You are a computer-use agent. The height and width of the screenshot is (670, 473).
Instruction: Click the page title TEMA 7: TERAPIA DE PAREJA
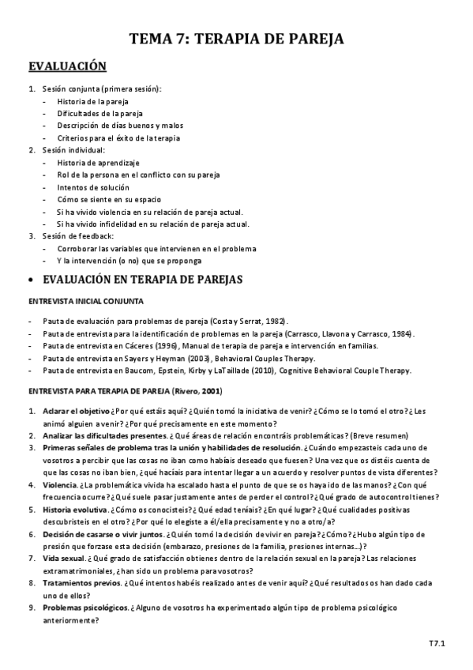[x=236, y=40]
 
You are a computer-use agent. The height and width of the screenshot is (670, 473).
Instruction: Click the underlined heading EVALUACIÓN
[x=67, y=66]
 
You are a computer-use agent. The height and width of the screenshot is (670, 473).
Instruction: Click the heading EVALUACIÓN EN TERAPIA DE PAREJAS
[x=142, y=280]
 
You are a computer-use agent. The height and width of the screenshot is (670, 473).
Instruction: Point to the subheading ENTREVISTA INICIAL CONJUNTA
[x=86, y=302]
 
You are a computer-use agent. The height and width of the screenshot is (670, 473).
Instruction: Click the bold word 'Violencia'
[x=61, y=484]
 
